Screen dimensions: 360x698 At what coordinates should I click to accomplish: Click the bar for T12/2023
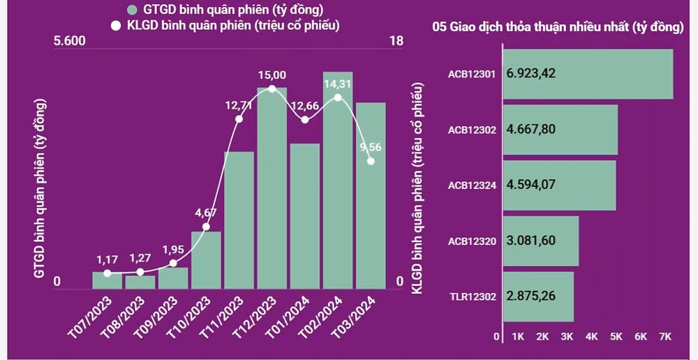[x=272, y=188]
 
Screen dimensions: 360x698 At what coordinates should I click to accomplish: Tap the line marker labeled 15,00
[x=272, y=89]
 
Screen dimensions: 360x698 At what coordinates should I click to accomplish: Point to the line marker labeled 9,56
[x=371, y=161]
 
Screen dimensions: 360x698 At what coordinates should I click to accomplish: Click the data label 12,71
[x=239, y=105]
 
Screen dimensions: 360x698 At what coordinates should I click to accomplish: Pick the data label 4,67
[x=205, y=213]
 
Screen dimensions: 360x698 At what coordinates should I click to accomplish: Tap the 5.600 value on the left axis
[x=69, y=40]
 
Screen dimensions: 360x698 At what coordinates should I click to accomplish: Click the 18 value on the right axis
[x=396, y=40]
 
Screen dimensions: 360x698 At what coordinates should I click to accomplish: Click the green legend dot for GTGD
[x=131, y=10]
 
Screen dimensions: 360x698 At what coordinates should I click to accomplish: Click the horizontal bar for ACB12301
[x=587, y=74]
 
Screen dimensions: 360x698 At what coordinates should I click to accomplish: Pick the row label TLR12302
[x=473, y=297]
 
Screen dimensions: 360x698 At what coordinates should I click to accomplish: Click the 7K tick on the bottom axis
[x=665, y=336]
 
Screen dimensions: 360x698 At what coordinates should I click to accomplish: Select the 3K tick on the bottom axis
[x=567, y=336]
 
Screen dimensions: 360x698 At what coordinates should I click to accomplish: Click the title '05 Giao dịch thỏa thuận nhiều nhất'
[x=558, y=27]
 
